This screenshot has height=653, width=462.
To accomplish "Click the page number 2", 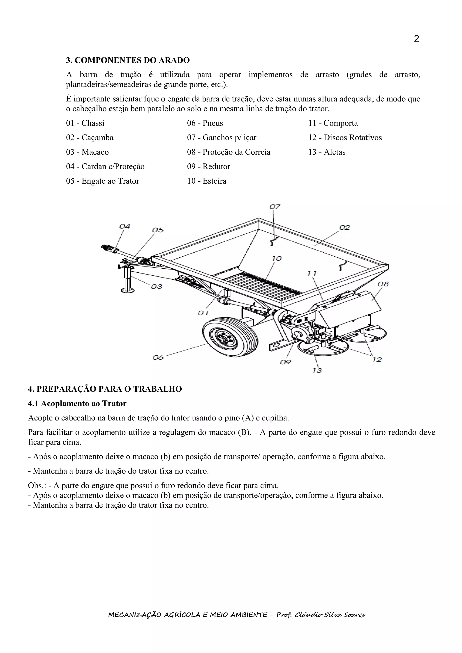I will [416, 39].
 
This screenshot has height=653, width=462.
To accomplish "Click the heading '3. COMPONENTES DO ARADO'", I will [128, 60].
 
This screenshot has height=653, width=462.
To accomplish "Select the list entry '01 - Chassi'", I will [85, 123].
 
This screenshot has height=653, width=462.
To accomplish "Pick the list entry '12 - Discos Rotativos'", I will [345, 138].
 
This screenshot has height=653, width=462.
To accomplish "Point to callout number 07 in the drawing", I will [275, 207].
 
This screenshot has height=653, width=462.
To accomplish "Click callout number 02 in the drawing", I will [344, 228].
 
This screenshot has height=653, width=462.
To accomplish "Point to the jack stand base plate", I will [127, 290].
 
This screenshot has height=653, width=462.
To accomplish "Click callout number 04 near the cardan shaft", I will [124, 226].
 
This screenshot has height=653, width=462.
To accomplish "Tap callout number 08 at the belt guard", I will [383, 284].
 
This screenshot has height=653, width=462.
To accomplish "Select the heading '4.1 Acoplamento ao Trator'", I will [77, 404].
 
